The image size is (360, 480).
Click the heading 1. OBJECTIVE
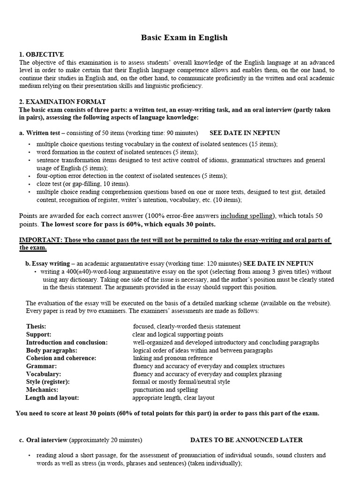(x=41, y=55)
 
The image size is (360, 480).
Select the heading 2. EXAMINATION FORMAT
(x=62, y=102)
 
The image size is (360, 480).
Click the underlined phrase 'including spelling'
(x=247, y=216)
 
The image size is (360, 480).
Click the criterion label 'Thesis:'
(x=36, y=326)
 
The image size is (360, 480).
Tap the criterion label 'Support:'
(x=38, y=335)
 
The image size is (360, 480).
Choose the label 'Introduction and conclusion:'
(x=67, y=343)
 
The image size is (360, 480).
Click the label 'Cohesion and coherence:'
(x=61, y=358)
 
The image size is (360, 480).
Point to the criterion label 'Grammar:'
(x=41, y=366)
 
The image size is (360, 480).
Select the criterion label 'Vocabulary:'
(x=44, y=374)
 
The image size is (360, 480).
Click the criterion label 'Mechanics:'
(x=42, y=390)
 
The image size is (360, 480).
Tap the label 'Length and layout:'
(x=52, y=397)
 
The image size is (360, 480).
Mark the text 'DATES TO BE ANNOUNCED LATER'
(x=246, y=440)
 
